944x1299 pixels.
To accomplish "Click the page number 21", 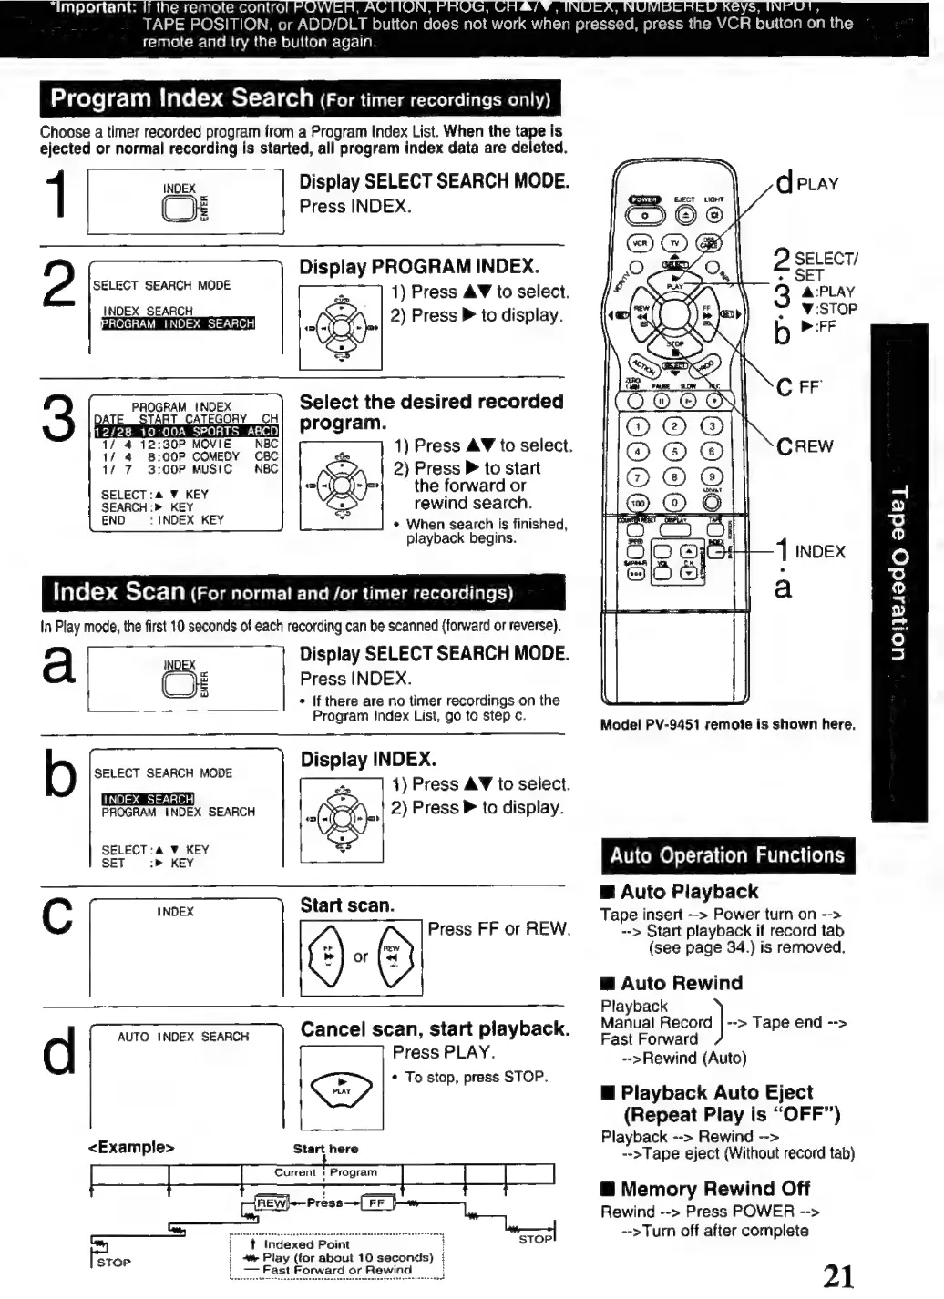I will [x=837, y=1274].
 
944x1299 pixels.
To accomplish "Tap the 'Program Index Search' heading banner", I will [x=300, y=98].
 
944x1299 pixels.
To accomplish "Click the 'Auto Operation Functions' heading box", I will [x=727, y=855].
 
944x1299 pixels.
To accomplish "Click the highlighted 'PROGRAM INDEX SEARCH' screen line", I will [x=178, y=323].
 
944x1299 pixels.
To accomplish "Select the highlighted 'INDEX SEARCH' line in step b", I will [x=148, y=799].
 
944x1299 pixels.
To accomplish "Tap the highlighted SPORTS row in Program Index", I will [x=186, y=431].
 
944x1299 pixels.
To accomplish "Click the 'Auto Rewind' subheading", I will [x=681, y=983].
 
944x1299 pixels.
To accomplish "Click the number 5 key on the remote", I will [x=674, y=451].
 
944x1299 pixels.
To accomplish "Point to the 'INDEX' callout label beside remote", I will [x=819, y=551].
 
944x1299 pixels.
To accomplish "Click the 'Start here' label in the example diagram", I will [x=325, y=1149].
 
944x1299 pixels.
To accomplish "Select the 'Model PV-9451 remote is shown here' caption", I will [x=727, y=724].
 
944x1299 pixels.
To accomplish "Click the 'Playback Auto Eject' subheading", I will [x=716, y=1092].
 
